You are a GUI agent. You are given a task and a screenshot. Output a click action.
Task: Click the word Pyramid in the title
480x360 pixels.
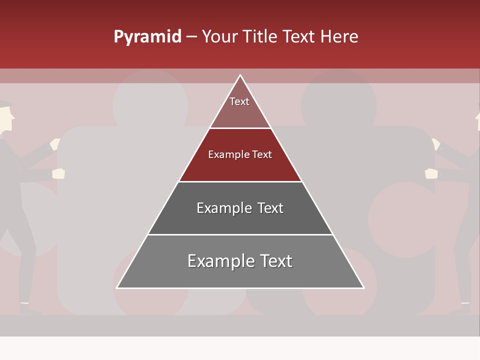pos(147,37)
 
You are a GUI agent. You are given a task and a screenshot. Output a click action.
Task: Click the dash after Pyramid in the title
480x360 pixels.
pos(191,37)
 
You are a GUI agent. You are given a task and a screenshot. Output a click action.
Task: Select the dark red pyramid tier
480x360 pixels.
pos(240,155)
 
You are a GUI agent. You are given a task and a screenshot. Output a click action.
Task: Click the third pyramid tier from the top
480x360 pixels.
pos(240,208)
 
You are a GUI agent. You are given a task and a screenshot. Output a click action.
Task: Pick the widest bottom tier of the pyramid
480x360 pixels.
pos(240,261)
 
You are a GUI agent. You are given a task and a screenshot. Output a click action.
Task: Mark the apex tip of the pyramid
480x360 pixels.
pos(240,75)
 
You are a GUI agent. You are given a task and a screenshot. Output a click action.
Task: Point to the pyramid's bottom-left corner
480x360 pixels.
pos(117,287)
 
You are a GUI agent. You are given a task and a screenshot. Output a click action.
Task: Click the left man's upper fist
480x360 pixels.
pos(55,144)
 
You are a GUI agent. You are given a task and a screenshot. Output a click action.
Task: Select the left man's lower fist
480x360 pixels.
pos(59,173)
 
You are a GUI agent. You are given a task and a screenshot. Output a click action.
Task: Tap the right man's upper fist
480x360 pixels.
pos(436,144)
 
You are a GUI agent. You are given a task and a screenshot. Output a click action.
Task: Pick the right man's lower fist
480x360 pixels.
pos(431,173)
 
